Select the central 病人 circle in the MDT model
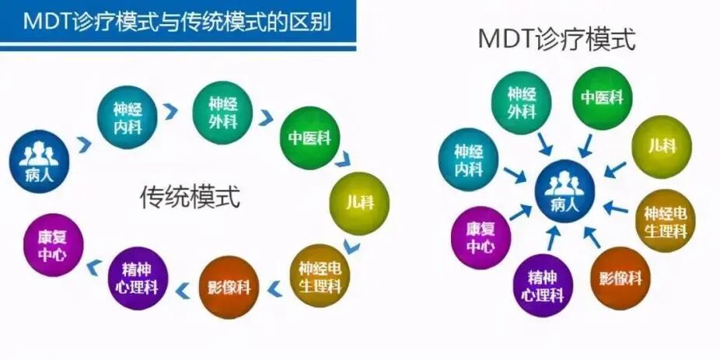564,190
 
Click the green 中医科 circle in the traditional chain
309,138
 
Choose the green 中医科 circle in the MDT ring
602,97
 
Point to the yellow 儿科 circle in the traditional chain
358,203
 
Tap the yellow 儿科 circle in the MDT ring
662,146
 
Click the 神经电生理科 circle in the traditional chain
320,274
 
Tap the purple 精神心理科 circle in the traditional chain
140,278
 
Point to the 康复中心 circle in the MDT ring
480,238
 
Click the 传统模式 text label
190,197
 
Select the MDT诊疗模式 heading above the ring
556,39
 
